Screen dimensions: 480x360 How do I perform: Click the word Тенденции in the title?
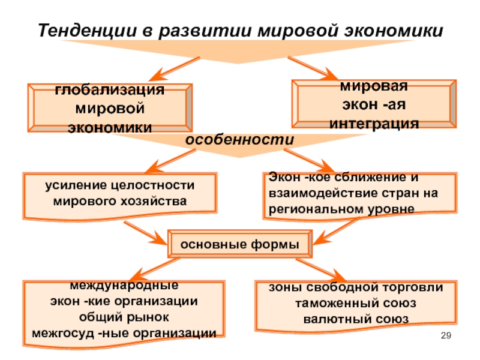88,31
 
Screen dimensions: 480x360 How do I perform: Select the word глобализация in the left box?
110,90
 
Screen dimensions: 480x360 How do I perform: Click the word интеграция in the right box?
374,124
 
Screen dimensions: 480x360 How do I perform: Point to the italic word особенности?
239,140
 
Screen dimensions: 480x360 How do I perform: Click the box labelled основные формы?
240,244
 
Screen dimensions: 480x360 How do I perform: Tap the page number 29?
446,335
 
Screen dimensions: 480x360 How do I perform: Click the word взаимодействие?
323,193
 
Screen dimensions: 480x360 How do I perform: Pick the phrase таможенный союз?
356,304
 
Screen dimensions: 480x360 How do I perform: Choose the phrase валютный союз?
356,319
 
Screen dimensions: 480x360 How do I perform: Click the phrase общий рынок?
124,317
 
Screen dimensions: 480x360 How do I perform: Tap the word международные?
124,286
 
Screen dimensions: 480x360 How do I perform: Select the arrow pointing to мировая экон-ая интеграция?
313,68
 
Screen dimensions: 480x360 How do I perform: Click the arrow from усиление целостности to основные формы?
146,233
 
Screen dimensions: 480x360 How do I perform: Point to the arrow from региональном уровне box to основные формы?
336,231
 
